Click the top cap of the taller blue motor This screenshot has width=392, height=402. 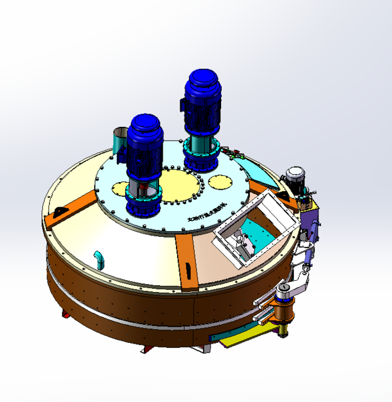pos(202,80)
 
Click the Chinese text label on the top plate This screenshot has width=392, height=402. pos(205,217)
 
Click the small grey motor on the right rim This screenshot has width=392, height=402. pos(294,177)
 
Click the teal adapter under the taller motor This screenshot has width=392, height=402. pos(201,144)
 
